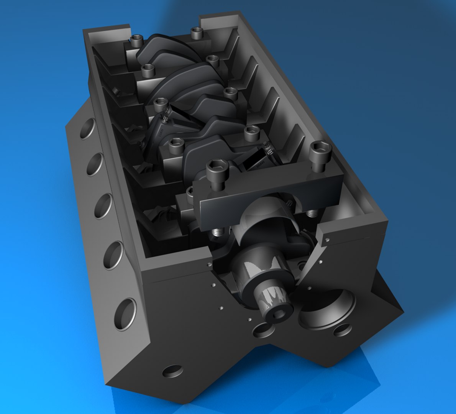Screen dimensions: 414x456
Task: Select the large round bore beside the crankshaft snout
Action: click(326, 307)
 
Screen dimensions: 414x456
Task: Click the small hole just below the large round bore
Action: click(342, 330)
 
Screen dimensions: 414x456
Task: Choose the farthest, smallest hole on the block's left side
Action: click(88, 129)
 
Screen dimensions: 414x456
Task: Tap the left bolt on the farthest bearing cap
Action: click(137, 39)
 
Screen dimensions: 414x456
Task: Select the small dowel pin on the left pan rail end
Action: click(208, 265)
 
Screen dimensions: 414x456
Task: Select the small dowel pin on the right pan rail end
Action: click(327, 240)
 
